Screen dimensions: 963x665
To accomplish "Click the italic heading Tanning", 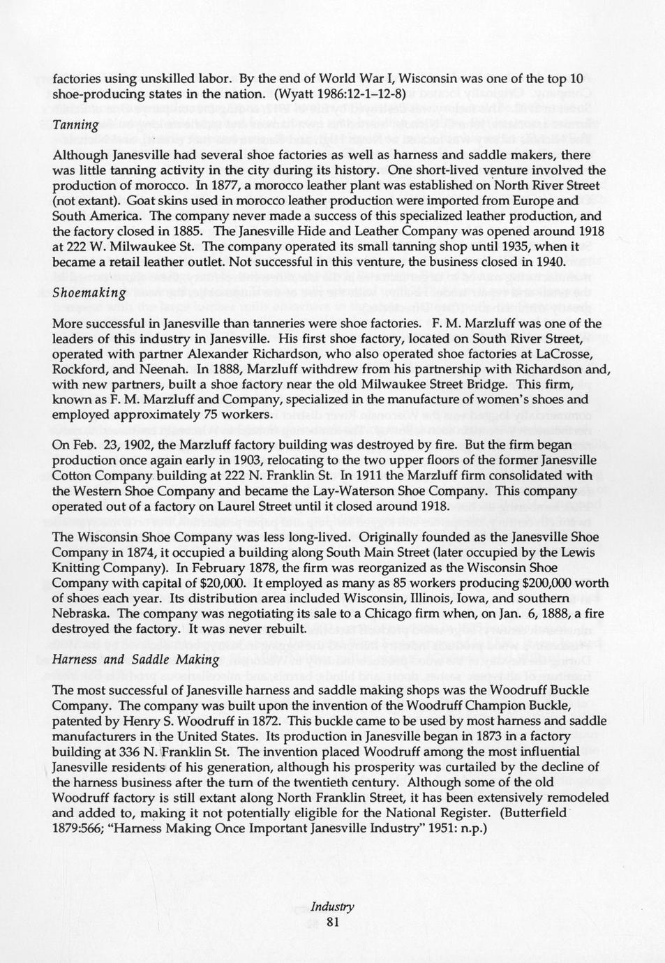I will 76,125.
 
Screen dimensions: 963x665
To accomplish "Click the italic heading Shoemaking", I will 89,293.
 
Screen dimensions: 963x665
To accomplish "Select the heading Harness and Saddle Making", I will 136,659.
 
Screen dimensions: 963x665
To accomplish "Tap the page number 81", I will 332,923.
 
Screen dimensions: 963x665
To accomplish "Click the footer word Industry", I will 332,907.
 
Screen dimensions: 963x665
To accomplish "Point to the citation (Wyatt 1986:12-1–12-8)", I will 341,92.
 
